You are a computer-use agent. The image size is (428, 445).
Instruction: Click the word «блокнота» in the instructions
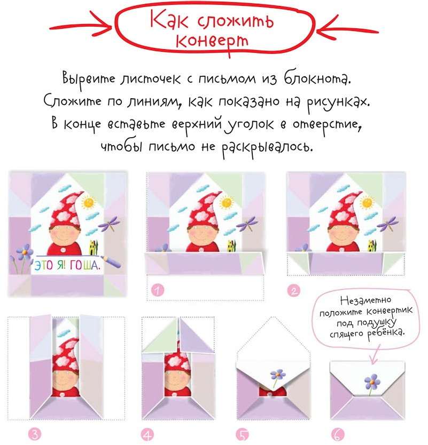click(317, 78)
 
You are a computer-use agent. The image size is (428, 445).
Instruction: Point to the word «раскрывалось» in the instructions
click(267, 147)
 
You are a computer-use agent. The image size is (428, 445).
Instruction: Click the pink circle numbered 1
click(158, 290)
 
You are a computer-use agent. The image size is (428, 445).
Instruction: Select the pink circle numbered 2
click(293, 291)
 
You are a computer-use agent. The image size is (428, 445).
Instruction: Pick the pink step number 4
click(147, 434)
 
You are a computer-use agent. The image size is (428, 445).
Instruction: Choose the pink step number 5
click(243, 434)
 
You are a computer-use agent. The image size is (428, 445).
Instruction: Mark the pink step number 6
click(338, 434)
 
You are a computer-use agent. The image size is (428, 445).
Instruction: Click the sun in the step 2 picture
click(367, 203)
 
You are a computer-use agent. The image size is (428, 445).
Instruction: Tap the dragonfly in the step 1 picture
click(248, 224)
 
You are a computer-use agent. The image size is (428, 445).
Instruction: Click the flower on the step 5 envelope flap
click(277, 377)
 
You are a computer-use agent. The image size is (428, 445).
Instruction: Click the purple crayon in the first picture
click(111, 261)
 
